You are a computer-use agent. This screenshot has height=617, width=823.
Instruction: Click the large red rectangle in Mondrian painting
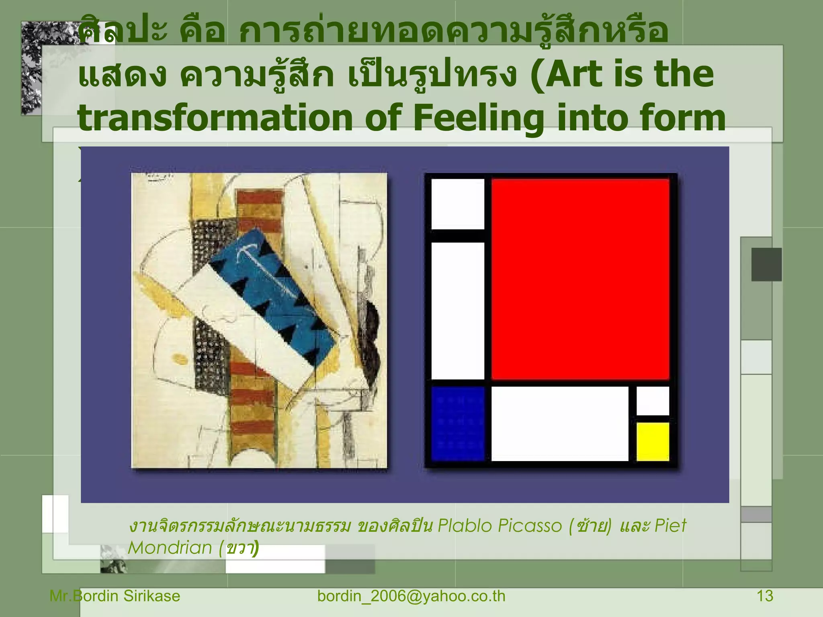pyautogui.click(x=580, y=279)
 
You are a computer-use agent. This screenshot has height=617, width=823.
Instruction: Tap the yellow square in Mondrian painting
pyautogui.click(x=653, y=441)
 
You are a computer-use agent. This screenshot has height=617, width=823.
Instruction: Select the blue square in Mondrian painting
pyautogui.click(x=458, y=423)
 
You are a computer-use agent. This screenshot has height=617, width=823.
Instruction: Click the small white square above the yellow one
pyautogui.click(x=653, y=400)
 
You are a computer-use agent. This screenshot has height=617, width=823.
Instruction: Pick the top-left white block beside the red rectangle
pyautogui.click(x=458, y=204)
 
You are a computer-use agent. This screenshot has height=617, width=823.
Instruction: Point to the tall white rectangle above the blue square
pyautogui.click(x=458, y=311)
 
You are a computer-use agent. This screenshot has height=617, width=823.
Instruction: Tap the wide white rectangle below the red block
pyautogui.click(x=559, y=423)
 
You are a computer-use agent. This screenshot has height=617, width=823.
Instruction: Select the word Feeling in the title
pyautogui.click(x=479, y=118)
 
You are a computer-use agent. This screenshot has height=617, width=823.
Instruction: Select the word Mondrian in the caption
pyautogui.click(x=170, y=548)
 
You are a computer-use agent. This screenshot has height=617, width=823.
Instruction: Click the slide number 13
pyautogui.click(x=765, y=596)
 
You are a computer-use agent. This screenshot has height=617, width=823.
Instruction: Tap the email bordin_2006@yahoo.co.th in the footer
pyautogui.click(x=411, y=596)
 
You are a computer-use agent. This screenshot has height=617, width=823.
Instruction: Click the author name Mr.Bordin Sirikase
pyautogui.click(x=115, y=596)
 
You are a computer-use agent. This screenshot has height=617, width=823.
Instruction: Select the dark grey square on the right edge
pyautogui.click(x=766, y=264)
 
